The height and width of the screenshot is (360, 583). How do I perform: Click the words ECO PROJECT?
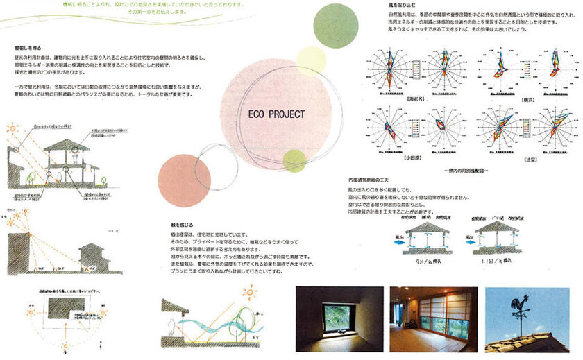tap(276, 114)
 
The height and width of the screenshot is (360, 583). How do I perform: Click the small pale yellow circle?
tap(310, 60)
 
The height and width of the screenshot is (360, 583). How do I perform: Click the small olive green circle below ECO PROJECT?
tap(294, 160)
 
